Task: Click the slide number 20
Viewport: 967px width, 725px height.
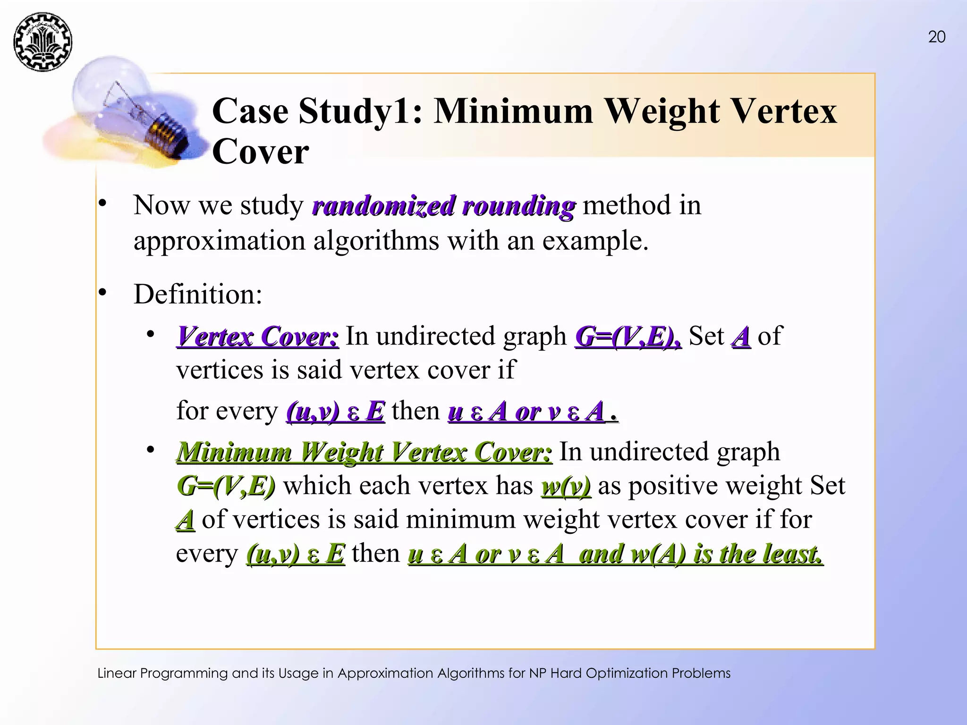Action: pyautogui.click(x=936, y=37)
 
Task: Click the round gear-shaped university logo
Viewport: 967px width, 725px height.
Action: pyautogui.click(x=42, y=42)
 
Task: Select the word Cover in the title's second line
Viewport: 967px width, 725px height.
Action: pyautogui.click(x=260, y=152)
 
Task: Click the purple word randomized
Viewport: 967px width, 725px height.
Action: pyautogui.click(x=384, y=206)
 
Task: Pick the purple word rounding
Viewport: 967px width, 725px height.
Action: pyautogui.click(x=518, y=206)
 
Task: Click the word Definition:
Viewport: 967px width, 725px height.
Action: pyautogui.click(x=198, y=294)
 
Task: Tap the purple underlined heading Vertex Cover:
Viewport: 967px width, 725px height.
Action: pyautogui.click(x=258, y=337)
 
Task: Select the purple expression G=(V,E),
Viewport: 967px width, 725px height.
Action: pyautogui.click(x=628, y=337)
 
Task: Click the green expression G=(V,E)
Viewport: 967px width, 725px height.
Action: pyautogui.click(x=226, y=486)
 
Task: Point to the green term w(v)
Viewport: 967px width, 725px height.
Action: pyautogui.click(x=566, y=486)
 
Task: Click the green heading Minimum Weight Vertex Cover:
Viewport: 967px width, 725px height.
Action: pyautogui.click(x=364, y=452)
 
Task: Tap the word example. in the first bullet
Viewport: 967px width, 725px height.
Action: pyautogui.click(x=595, y=241)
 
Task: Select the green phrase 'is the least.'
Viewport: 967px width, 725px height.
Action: pyautogui.click(x=757, y=554)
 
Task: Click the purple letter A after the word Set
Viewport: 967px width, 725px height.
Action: pyautogui.click(x=741, y=337)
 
